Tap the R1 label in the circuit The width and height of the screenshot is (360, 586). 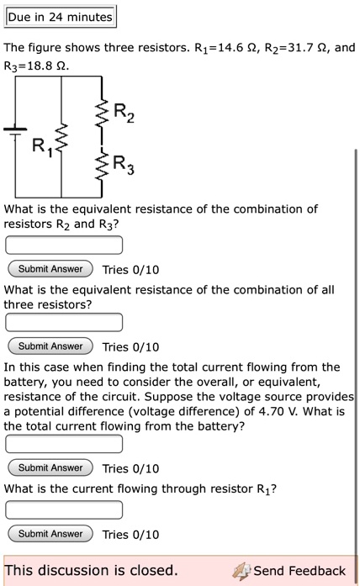click(40, 149)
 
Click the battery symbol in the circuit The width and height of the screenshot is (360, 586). click(14, 131)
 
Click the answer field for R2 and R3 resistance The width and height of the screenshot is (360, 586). click(64, 245)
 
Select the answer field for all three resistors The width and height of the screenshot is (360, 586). click(64, 323)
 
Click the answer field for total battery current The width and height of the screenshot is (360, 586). click(64, 444)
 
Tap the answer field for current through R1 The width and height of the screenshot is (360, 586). click(64, 509)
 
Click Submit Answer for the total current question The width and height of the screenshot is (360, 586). click(50, 468)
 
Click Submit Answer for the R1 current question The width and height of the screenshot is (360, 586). click(50, 534)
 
